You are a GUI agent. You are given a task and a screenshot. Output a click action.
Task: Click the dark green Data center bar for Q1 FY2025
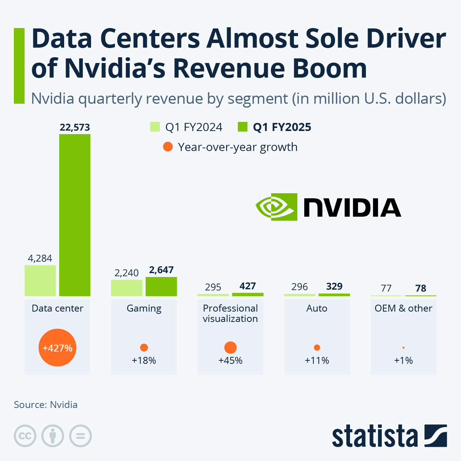tap(75, 215)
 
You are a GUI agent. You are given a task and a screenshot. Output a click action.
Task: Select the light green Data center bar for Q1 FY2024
tap(40, 280)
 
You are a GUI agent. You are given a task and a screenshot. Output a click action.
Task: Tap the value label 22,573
tap(75, 127)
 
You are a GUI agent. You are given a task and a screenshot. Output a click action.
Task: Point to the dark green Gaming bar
tap(161, 287)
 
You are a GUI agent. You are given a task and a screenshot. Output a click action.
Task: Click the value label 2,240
tap(126, 273)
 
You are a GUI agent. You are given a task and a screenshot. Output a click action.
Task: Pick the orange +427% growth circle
tap(58, 348)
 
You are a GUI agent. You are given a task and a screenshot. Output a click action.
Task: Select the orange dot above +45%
tap(230, 348)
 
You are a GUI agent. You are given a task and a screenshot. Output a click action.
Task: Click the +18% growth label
tap(144, 360)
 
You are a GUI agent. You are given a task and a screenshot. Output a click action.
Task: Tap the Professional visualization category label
tap(230, 313)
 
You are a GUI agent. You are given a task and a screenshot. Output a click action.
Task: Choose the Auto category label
tap(317, 308)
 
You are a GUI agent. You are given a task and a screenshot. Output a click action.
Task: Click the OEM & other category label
tap(403, 308)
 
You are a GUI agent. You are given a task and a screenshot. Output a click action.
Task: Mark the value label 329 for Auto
tap(334, 287)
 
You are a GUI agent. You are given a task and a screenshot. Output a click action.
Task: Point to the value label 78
tap(421, 288)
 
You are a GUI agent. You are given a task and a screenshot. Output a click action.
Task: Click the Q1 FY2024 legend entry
tap(186, 127)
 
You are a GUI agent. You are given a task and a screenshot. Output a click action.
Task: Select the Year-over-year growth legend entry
tap(230, 147)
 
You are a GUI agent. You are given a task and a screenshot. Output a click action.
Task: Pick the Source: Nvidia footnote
tap(46, 405)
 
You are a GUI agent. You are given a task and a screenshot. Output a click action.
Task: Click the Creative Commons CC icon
tap(25, 436)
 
